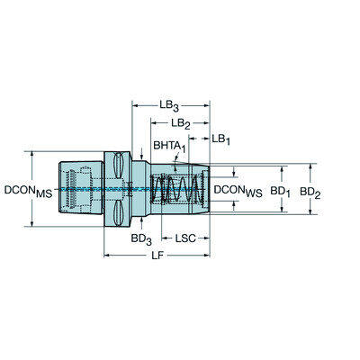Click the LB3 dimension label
coord(169,106)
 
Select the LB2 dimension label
coord(181,123)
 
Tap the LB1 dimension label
coord(221,139)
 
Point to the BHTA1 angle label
coord(170,146)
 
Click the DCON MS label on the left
coord(29,192)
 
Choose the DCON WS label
coord(238,191)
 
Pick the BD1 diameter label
coord(280,192)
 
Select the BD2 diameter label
coord(310,193)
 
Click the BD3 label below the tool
coord(141,238)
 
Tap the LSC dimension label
coord(185,238)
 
